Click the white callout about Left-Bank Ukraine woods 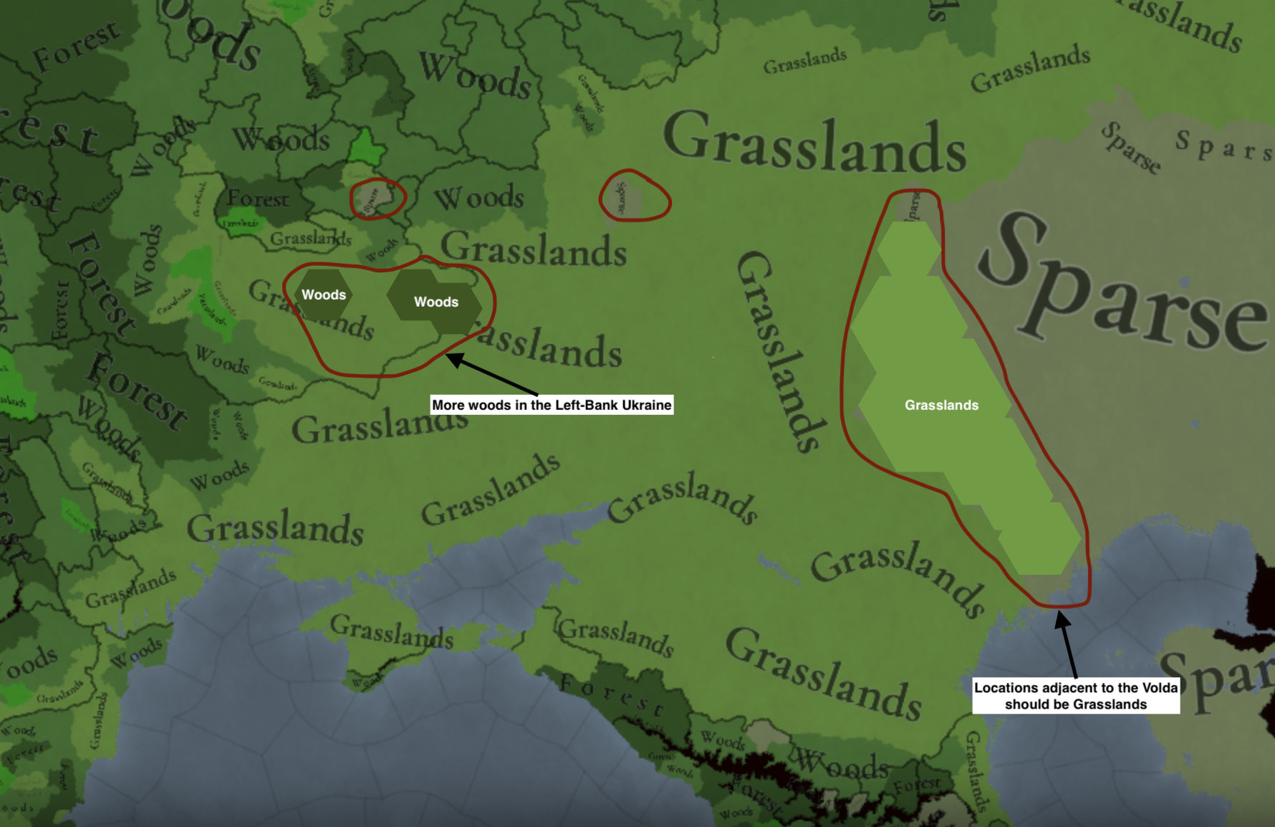pos(552,405)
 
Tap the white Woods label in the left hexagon pos(324,295)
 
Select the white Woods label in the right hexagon pos(436,302)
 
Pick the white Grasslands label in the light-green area pos(941,405)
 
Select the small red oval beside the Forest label pos(377,198)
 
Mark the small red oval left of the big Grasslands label pos(635,196)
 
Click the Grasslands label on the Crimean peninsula pos(392,631)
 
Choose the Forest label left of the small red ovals pos(258,198)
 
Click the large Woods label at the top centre pos(475,75)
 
